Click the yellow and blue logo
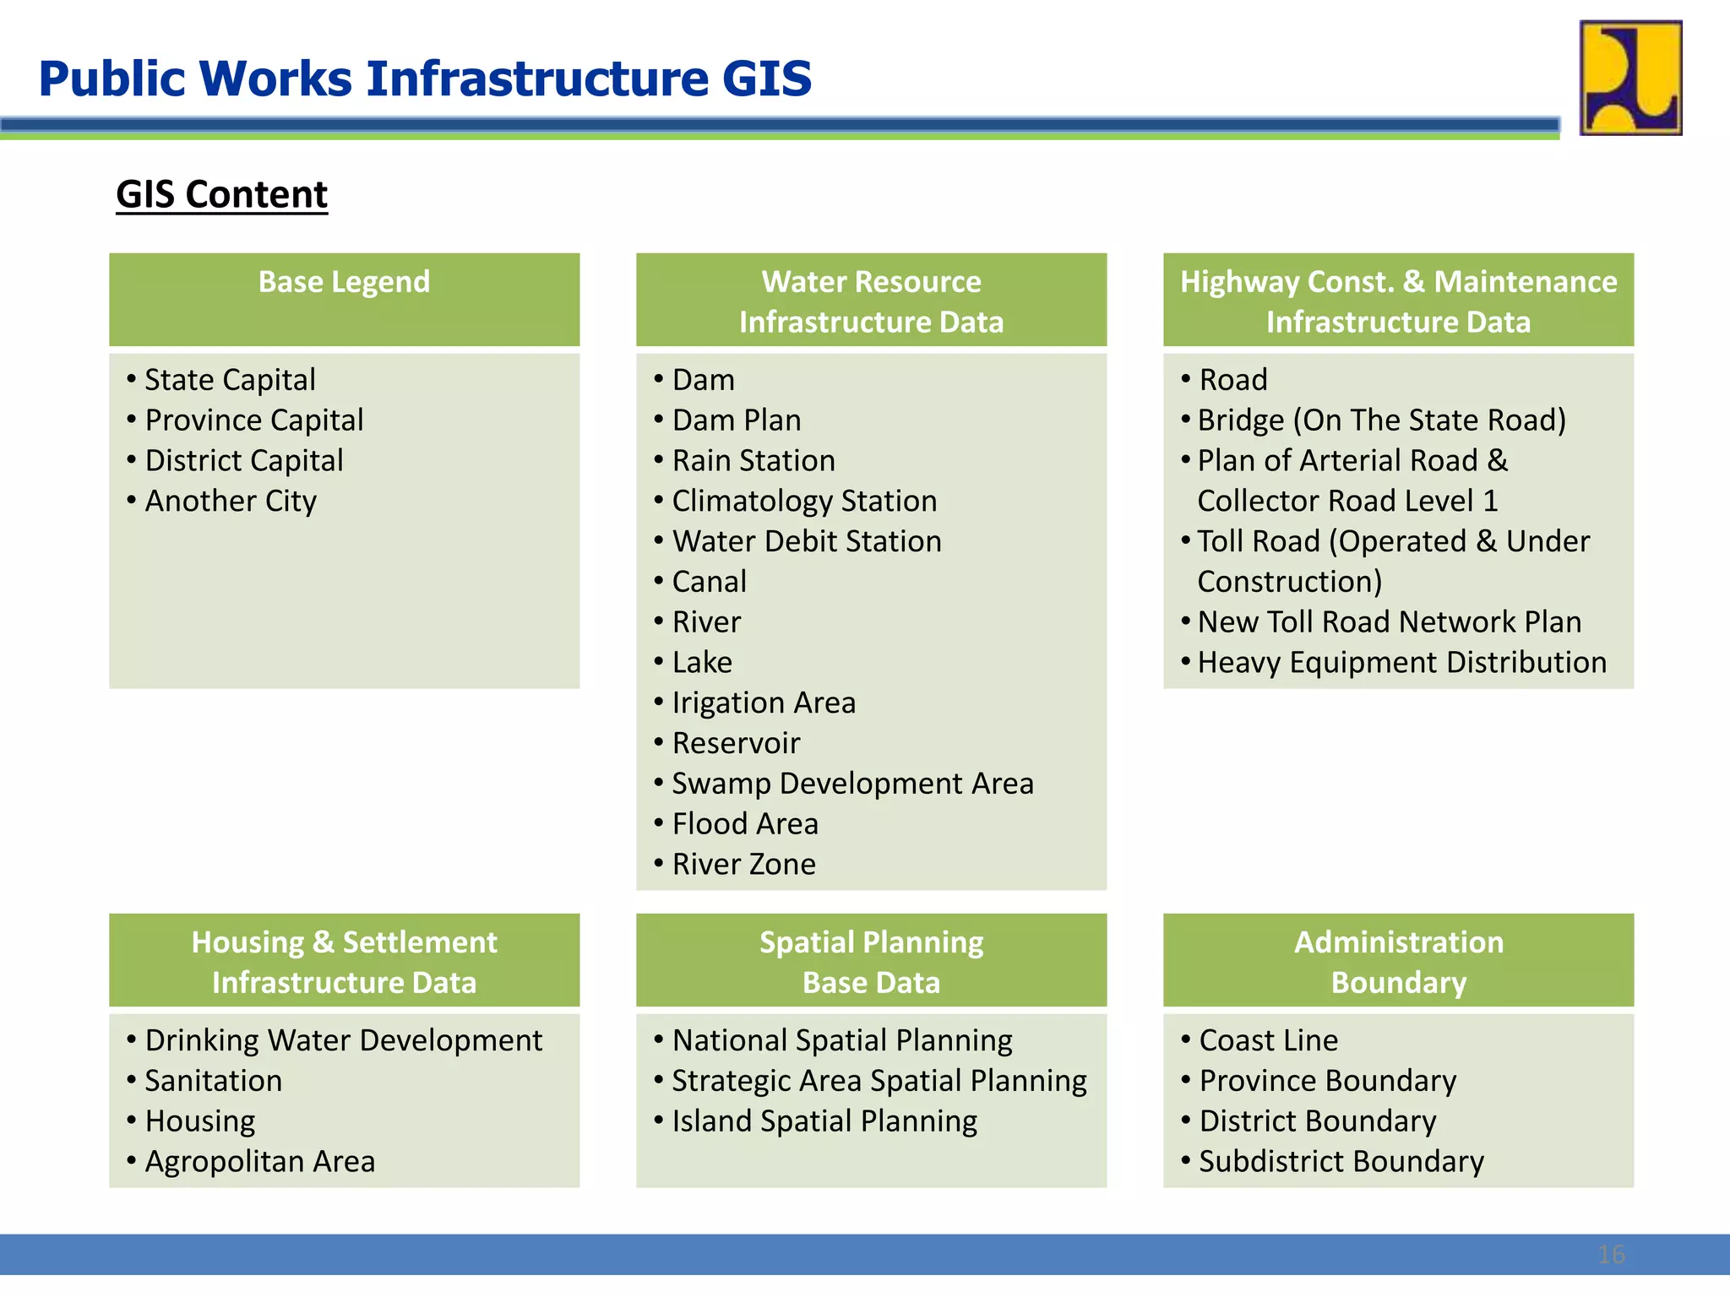(x=1630, y=78)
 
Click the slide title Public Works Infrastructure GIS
(x=425, y=79)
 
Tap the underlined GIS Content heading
(x=221, y=194)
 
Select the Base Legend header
(x=344, y=282)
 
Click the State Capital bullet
(x=230, y=380)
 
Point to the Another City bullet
(x=231, y=502)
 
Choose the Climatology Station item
(x=804, y=502)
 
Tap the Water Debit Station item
(x=807, y=541)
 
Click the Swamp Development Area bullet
(x=852, y=784)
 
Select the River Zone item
(x=743, y=865)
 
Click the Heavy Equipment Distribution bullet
(x=1401, y=663)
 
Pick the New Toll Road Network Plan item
(x=1389, y=622)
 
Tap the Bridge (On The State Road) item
(x=1381, y=421)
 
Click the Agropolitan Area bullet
(x=259, y=1162)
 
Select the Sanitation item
(x=213, y=1081)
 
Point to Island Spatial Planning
(x=824, y=1121)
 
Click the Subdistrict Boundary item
(x=1341, y=1162)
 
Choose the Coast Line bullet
(x=1268, y=1040)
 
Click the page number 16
(x=1611, y=1255)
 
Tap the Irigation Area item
(x=764, y=703)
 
